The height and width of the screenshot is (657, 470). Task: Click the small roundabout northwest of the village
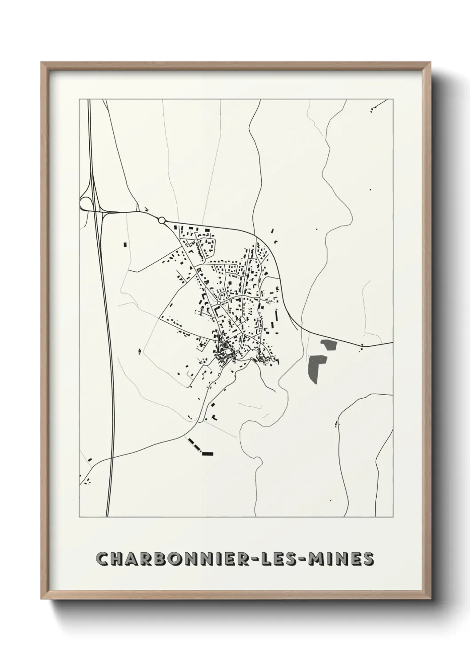point(162,220)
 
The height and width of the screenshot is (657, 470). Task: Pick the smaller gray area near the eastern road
point(329,344)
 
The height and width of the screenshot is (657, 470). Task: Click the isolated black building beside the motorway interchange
point(125,244)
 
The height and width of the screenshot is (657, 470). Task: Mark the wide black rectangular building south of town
point(207,453)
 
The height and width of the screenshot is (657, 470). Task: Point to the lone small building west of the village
point(140,351)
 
